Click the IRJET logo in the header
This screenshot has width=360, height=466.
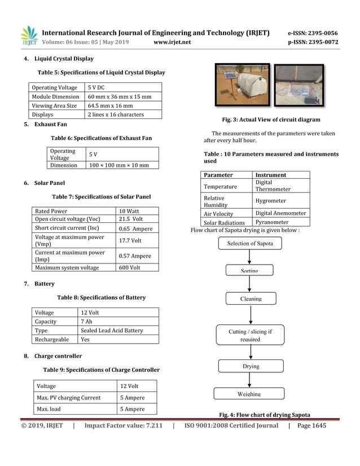[x=29, y=36]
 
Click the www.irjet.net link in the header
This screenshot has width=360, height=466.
[x=172, y=42]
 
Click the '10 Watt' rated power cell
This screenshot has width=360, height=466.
[x=130, y=212]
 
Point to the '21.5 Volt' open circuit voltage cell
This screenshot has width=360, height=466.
[x=131, y=219]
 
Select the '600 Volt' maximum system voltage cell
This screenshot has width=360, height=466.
[x=130, y=267]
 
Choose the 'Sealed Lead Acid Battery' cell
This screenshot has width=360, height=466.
[x=112, y=331]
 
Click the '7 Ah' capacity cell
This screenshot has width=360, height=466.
[x=86, y=322]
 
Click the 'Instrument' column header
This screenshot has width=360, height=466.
[x=271, y=175]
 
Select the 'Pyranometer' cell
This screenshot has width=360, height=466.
[x=272, y=222]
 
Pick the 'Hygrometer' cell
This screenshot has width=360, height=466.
[x=271, y=201]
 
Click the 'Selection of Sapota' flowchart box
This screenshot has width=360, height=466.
[x=250, y=244]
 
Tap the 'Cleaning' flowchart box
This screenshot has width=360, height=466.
[x=251, y=298]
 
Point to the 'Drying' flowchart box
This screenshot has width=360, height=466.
[x=251, y=366]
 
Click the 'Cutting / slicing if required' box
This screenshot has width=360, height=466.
[x=250, y=336]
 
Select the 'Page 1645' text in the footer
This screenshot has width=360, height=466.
[x=311, y=426]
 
